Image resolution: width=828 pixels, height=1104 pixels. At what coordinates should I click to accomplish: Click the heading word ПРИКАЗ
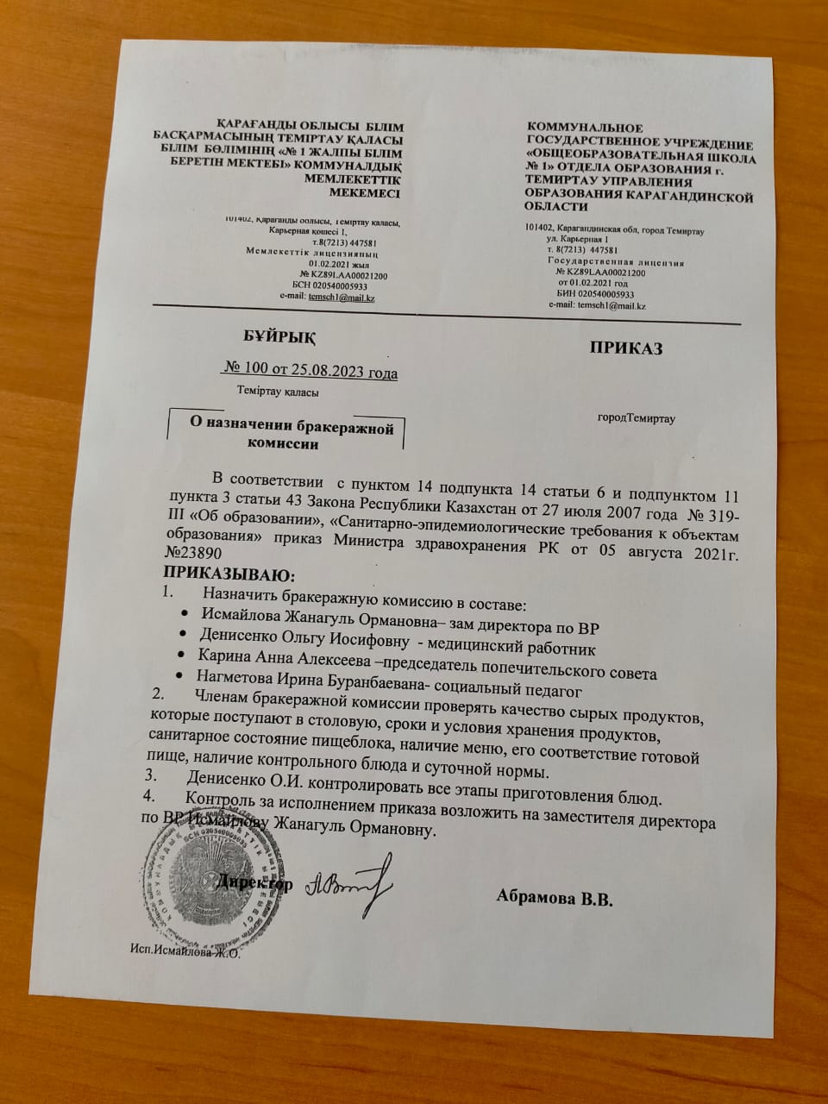[626, 348]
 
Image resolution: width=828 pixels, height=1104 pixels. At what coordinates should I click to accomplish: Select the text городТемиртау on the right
[637, 419]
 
